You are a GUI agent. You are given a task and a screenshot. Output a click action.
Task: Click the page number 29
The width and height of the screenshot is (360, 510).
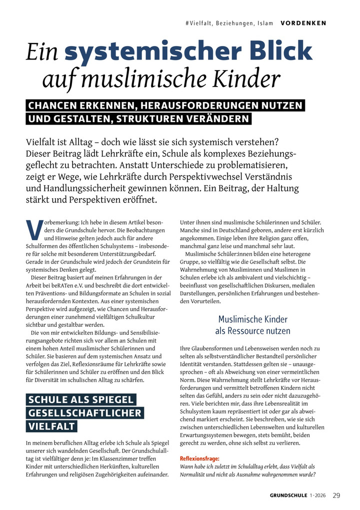(336, 495)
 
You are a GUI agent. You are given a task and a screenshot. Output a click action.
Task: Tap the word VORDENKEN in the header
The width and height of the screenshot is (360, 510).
(303, 23)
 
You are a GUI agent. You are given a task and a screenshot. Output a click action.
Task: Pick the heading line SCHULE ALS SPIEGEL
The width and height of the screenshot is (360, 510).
(81, 400)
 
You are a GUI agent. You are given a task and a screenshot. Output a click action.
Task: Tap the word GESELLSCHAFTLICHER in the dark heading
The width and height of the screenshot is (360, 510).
(85, 413)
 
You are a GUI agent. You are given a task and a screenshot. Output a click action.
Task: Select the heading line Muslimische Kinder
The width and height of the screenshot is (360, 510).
(252, 319)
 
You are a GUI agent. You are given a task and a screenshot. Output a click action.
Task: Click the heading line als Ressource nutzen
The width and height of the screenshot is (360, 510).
(252, 331)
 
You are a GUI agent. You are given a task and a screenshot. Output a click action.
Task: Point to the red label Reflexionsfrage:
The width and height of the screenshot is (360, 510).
(199, 458)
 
